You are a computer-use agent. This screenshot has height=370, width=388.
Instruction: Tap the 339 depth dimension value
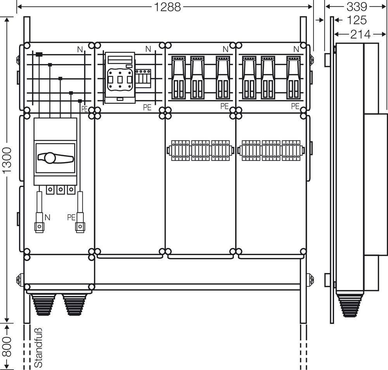tap(356, 7)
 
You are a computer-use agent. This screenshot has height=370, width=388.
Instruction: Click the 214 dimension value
tap(360, 34)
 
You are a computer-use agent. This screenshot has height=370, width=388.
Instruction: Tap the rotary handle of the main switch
tap(54, 158)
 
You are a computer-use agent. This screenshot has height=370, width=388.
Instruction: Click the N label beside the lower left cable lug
tap(47, 218)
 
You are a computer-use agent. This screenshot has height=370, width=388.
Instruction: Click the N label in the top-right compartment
tap(296, 49)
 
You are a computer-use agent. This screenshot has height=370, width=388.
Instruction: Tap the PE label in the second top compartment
tap(147, 108)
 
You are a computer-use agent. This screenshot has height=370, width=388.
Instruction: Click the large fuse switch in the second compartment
tap(120, 78)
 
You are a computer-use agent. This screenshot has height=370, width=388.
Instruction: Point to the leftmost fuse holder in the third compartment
tap(178, 77)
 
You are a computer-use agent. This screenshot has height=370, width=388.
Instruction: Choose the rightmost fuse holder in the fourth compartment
tap(293, 77)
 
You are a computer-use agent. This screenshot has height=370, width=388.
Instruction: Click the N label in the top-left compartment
tap(80, 49)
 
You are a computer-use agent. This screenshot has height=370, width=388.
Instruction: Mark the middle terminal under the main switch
tap(60, 190)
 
